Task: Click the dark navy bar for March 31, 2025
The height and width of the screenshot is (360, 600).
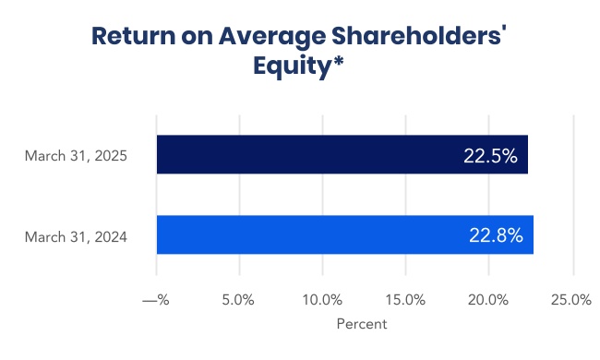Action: click(x=342, y=154)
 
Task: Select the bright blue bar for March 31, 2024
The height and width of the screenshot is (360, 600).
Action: click(x=345, y=234)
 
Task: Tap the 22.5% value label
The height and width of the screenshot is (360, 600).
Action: click(x=490, y=156)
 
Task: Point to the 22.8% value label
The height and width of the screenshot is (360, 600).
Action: click(x=496, y=235)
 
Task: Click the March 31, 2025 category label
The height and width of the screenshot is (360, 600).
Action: click(x=76, y=156)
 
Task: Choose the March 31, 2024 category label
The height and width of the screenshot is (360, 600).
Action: click(x=76, y=237)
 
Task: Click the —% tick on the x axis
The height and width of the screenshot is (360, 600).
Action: click(x=156, y=300)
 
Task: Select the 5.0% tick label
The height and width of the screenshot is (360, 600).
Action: click(x=238, y=300)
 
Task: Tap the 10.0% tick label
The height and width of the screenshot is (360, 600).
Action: click(x=322, y=300)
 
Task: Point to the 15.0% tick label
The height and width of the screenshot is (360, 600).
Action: click(x=405, y=300)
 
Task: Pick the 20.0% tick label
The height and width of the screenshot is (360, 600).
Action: click(x=488, y=300)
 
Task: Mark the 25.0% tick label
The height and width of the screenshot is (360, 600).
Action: click(x=571, y=300)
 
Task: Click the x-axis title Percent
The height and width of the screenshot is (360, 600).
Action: click(x=362, y=324)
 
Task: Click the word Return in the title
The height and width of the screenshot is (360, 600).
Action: click(x=133, y=36)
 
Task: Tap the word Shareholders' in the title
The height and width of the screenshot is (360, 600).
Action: click(x=419, y=35)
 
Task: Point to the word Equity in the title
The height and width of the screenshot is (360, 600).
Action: click(x=292, y=66)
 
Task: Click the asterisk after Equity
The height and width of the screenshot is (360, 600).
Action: click(x=338, y=61)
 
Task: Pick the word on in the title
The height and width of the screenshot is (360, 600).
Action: click(x=197, y=38)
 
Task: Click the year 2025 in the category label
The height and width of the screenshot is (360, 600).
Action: click(x=111, y=156)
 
